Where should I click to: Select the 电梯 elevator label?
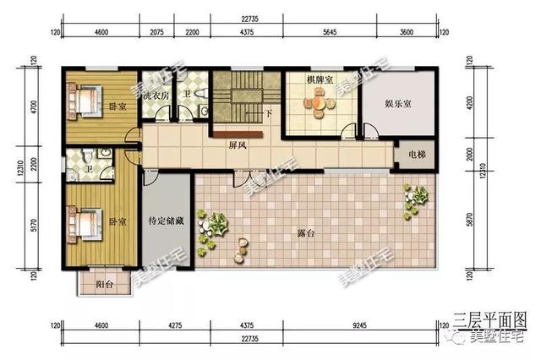[x=417, y=155]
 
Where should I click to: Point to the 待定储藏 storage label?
[x=166, y=222]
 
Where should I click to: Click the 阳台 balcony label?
[x=104, y=284]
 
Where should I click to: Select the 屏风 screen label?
[x=238, y=145]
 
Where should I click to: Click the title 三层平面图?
[x=489, y=319]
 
